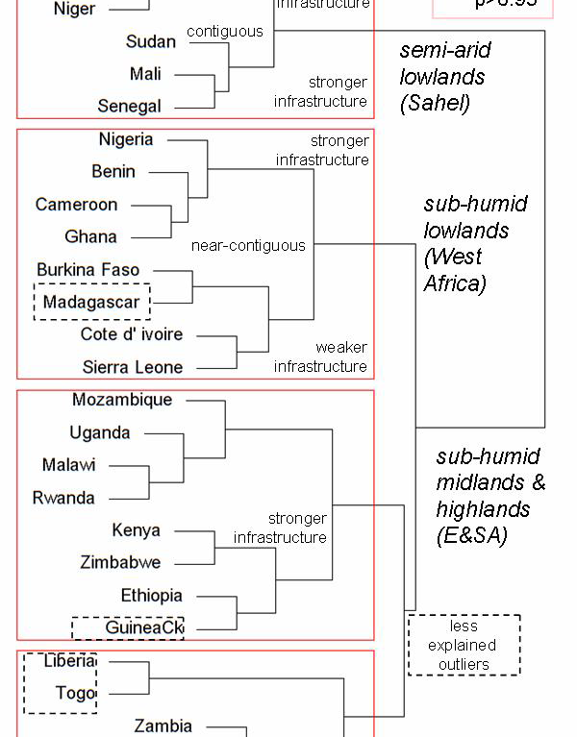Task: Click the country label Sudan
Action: coord(150,41)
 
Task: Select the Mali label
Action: coord(145,74)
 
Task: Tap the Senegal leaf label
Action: coord(130,107)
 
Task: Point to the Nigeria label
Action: coord(125,139)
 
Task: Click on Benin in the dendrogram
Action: coord(113,172)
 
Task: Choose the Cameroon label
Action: coord(77,205)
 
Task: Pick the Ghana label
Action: coord(90,236)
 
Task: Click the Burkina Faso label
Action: coord(88,270)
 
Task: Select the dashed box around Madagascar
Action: coord(92,302)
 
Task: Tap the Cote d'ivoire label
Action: coord(132,334)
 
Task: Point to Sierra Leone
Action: coord(133,367)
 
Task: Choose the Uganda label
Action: coord(99,432)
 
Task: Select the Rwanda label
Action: coord(63,498)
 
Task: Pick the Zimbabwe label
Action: coord(120,562)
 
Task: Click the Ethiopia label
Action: coord(151,596)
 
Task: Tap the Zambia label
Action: coord(163,726)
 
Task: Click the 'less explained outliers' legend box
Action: coord(464,645)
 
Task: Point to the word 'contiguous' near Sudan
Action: coord(224,32)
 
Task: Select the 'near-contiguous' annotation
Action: coord(248,246)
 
